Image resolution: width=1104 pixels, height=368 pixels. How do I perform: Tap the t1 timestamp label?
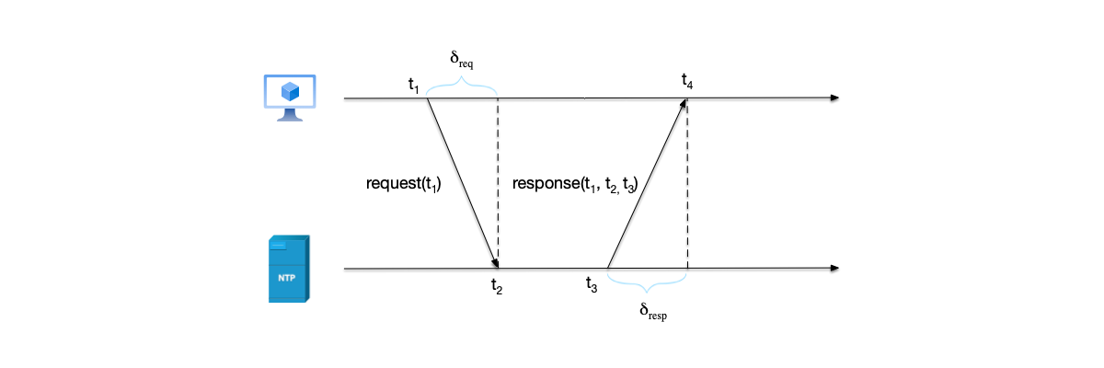(x=414, y=85)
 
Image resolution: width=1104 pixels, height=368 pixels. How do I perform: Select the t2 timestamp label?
(x=497, y=285)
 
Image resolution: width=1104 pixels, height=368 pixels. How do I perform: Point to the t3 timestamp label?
(x=592, y=284)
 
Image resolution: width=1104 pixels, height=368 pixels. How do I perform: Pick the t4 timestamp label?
(x=687, y=83)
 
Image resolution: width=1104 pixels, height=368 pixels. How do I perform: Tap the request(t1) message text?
(x=404, y=184)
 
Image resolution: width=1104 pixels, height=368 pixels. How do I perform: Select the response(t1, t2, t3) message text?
(x=575, y=184)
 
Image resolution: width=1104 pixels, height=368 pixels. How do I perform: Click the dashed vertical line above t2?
(x=498, y=184)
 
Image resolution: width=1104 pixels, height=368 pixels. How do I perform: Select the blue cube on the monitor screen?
(x=291, y=92)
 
